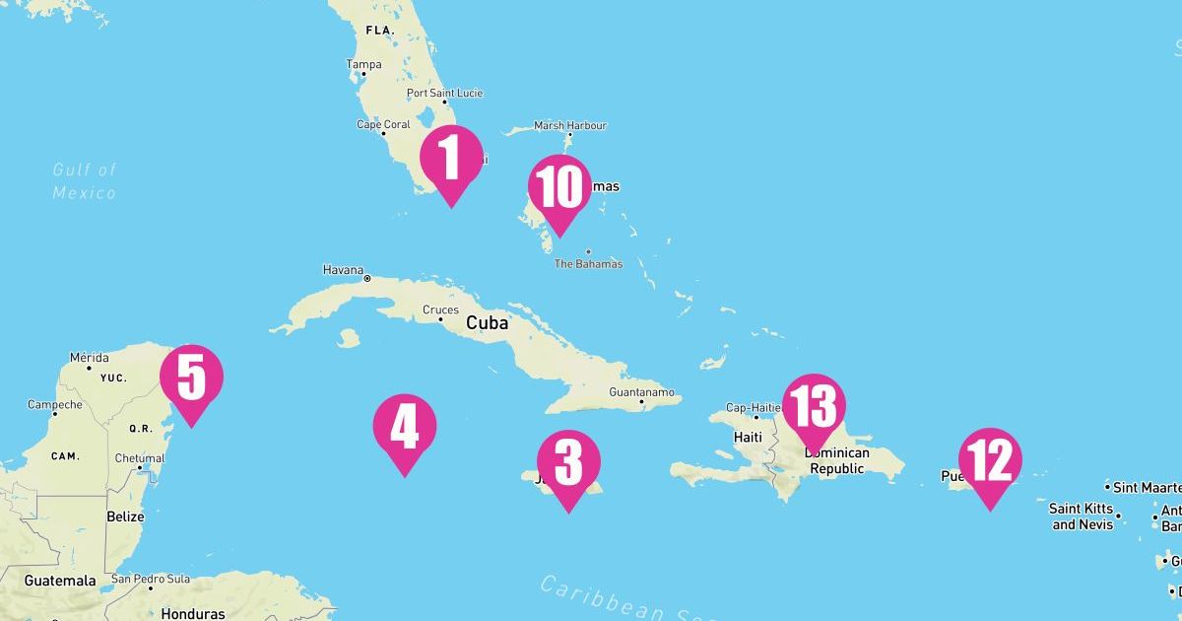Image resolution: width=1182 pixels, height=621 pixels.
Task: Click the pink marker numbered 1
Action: [451, 159]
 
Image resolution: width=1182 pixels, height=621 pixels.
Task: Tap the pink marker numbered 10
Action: [559, 188]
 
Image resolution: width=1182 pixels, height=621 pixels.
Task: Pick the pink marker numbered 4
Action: [404, 428]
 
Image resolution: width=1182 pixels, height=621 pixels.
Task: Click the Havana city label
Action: [343, 269]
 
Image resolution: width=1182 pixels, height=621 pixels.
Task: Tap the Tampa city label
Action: [363, 65]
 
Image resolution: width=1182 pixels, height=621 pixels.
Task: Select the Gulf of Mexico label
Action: [85, 181]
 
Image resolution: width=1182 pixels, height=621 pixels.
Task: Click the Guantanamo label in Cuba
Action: [642, 392]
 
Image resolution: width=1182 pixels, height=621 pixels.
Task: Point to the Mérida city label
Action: [90, 357]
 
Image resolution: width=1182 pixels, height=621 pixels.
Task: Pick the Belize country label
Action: [125, 517]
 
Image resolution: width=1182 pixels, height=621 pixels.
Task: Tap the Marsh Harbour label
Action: [570, 125]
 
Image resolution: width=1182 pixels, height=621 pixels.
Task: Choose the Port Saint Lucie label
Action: [445, 94]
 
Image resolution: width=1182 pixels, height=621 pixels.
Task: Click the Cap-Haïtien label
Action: [754, 407]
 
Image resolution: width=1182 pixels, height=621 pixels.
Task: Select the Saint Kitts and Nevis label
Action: [1081, 517]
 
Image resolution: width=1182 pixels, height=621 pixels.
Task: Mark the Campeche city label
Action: [55, 404]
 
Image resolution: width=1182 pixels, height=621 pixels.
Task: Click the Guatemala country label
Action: [60, 581]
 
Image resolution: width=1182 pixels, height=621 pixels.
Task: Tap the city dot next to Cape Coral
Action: [383, 134]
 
